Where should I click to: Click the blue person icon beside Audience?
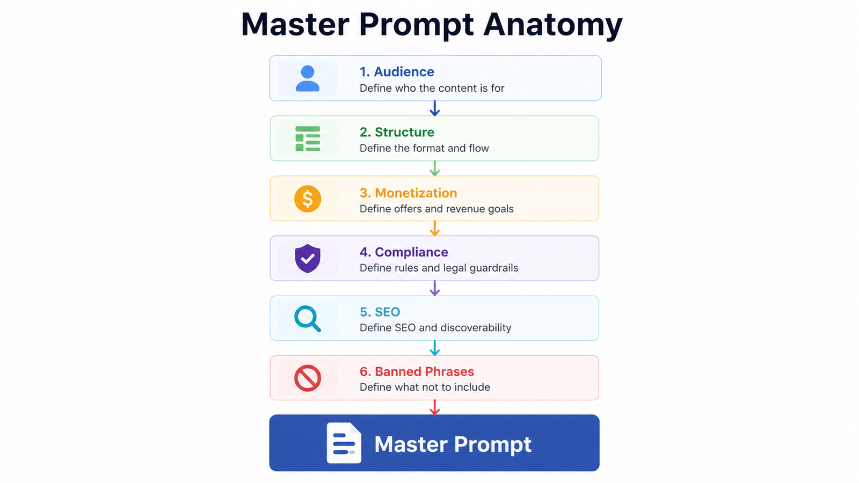(308, 78)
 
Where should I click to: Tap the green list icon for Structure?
(308, 139)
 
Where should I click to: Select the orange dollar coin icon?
(308, 199)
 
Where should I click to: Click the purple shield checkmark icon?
(308, 258)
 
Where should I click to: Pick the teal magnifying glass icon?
(308, 319)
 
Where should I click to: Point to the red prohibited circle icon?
(308, 378)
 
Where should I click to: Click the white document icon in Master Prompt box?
(344, 443)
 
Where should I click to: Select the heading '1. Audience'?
(397, 72)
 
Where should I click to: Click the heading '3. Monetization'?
(409, 193)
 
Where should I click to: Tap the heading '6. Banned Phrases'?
(417, 371)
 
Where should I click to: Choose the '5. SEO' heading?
(380, 312)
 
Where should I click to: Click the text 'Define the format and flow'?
(424, 148)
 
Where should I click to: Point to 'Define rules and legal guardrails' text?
(439, 268)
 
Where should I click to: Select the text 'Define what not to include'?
(425, 387)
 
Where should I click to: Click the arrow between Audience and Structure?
(434, 108)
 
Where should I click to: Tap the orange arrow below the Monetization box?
(434, 229)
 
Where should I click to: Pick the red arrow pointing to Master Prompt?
(434, 407)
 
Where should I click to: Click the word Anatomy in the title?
(552, 25)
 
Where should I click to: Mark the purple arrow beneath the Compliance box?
(434, 288)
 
